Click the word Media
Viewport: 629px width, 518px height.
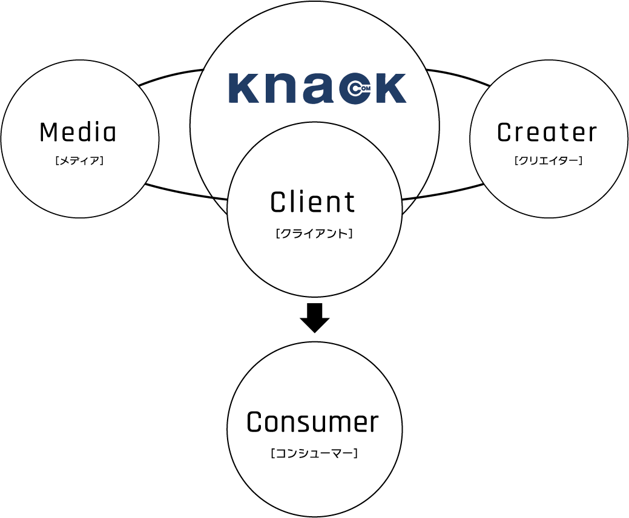77,133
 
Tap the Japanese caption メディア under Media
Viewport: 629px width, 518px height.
79,161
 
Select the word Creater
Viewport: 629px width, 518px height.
547,133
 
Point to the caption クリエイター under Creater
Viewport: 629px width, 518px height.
548,161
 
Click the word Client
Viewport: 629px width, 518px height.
313,202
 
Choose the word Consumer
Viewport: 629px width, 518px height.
312,422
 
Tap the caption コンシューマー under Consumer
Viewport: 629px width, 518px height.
314,452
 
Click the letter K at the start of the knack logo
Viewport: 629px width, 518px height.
242,88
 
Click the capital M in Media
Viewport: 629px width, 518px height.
48,133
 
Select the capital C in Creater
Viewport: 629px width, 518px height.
505,133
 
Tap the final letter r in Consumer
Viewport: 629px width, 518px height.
372,424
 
